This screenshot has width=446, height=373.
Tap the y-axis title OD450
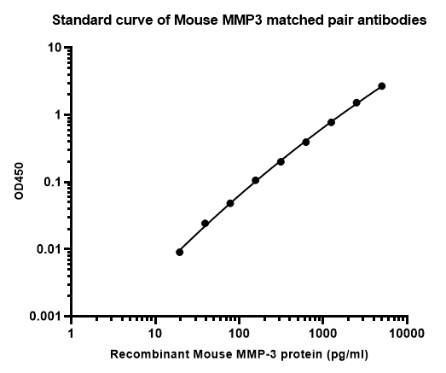pyautogui.click(x=19, y=181)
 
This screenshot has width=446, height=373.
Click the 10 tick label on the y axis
pyautogui.click(x=55, y=48)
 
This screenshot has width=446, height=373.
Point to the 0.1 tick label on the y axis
pyautogui.click(x=53, y=182)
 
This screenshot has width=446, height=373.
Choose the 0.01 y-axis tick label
pyautogui.click(x=49, y=249)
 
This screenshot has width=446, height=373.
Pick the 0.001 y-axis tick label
pyautogui.click(x=46, y=317)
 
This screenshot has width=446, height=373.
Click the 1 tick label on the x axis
pyautogui.click(x=71, y=334)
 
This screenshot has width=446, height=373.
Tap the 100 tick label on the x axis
pyautogui.click(x=239, y=334)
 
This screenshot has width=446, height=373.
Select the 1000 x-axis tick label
pyautogui.click(x=323, y=334)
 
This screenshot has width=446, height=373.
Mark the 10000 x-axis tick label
pyautogui.click(x=407, y=334)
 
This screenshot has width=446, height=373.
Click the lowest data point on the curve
pyautogui.click(x=179, y=252)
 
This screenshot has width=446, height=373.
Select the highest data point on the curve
pyautogui.click(x=382, y=86)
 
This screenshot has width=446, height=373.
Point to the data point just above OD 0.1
pyautogui.click(x=256, y=180)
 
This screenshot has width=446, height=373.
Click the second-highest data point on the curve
pyautogui.click(x=356, y=102)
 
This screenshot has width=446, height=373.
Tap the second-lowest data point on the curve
pyautogui.click(x=205, y=224)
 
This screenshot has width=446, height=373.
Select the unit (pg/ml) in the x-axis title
pyautogui.click(x=348, y=355)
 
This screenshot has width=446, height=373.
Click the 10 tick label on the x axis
pyautogui.click(x=155, y=334)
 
